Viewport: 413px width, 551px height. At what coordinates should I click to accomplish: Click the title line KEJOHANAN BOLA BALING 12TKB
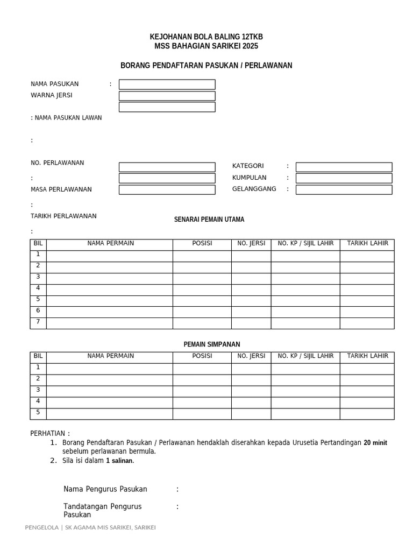click(x=206, y=37)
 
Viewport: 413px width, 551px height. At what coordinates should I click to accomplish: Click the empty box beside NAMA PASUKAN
click(x=167, y=84)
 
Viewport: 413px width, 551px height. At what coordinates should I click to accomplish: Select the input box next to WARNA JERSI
click(x=167, y=96)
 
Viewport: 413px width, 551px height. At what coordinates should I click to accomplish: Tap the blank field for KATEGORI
click(x=344, y=167)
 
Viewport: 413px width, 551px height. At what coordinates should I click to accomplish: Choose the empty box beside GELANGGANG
click(x=344, y=189)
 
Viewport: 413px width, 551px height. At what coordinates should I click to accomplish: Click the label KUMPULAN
click(x=249, y=178)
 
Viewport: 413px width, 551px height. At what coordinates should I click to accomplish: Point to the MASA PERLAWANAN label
click(x=61, y=189)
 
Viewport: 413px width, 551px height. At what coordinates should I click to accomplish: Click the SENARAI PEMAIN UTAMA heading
click(x=209, y=220)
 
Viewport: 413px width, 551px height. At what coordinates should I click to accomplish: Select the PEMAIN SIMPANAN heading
click(x=212, y=344)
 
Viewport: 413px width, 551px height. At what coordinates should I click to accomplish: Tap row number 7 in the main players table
click(x=38, y=322)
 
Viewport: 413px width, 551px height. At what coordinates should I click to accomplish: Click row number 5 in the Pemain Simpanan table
click(x=38, y=413)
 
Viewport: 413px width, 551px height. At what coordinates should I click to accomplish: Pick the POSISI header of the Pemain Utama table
click(x=202, y=244)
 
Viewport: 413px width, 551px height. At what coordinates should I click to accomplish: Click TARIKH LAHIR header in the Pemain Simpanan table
click(x=367, y=356)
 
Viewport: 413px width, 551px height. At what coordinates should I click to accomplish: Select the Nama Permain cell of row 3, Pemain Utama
click(x=110, y=278)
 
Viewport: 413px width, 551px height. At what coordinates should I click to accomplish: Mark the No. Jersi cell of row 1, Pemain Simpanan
click(x=251, y=368)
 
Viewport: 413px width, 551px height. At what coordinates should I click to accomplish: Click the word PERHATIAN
click(x=48, y=434)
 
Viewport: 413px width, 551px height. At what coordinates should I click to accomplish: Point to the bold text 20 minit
click(x=375, y=443)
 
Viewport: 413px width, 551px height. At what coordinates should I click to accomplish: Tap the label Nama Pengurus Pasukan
click(x=105, y=489)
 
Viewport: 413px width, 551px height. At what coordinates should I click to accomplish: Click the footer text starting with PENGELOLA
click(x=90, y=527)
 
